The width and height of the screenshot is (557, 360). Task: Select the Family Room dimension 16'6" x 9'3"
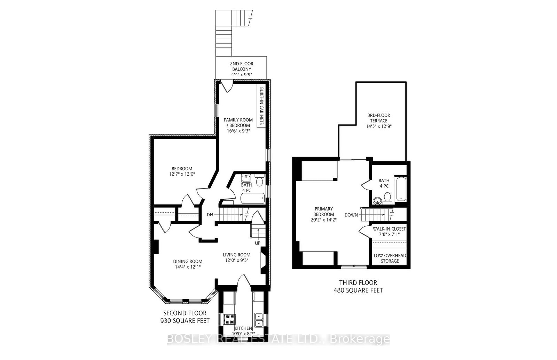(238, 131)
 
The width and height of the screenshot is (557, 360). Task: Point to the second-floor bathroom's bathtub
(252, 199)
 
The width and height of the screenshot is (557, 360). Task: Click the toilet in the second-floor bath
(259, 181)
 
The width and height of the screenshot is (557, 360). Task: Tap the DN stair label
(210, 215)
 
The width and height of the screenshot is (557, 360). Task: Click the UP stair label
(258, 243)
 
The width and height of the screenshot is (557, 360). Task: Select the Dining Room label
(188, 262)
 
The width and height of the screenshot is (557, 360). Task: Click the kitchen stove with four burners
(229, 318)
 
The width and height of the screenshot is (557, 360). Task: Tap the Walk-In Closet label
(390, 229)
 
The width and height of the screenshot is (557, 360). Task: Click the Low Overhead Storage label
(390, 258)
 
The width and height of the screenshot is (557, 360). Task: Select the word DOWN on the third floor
(351, 215)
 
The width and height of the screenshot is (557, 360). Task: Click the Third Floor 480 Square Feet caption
(358, 287)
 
